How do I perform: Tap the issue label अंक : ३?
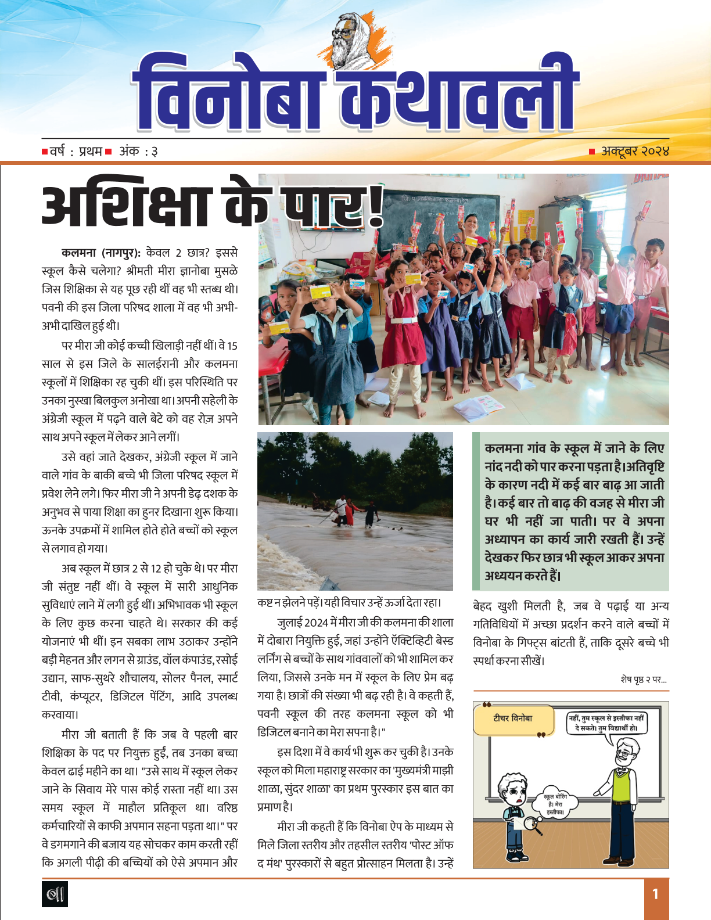point(138,152)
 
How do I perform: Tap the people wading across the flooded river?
point(354,511)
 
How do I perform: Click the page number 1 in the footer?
point(655,893)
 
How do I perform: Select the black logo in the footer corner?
point(55,893)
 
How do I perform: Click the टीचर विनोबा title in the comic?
point(512,718)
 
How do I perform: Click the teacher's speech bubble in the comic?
point(606,723)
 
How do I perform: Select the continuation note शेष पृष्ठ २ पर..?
point(643,679)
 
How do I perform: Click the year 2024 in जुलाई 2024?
point(317,623)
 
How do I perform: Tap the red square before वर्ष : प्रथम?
point(45,152)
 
